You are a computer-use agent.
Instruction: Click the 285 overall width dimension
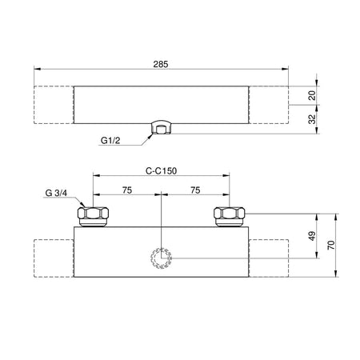(161, 64)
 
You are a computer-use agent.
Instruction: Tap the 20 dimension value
(312, 95)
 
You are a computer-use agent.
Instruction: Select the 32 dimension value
(312, 119)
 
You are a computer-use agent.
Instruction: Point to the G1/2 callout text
(110, 140)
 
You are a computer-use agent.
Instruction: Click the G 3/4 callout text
(56, 193)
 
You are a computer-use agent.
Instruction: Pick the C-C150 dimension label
(161, 170)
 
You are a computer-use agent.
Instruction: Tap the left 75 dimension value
(127, 190)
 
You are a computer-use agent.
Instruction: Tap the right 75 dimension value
(195, 190)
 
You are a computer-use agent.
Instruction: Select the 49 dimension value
(312, 236)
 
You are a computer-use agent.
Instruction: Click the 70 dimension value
(331, 245)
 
